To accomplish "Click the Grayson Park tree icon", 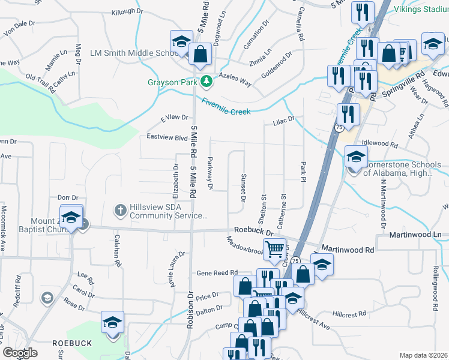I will click(x=206, y=80).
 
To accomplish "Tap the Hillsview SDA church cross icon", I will click(x=120, y=210).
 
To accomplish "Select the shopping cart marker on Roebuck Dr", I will click(x=274, y=248).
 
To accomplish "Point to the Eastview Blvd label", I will click(x=167, y=137).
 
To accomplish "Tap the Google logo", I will click(x=20, y=353).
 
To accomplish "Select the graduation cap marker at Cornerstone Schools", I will click(x=356, y=157).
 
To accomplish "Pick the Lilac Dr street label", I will click(x=284, y=120).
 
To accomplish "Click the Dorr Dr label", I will click(x=68, y=197).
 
